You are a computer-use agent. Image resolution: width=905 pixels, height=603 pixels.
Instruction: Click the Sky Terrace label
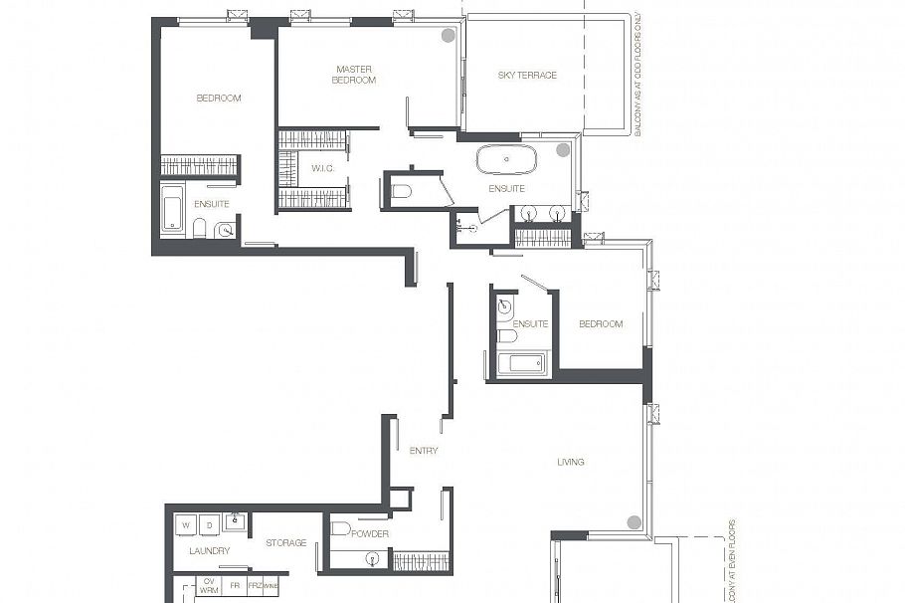click(527, 76)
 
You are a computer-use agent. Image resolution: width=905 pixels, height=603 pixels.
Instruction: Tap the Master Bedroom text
click(354, 75)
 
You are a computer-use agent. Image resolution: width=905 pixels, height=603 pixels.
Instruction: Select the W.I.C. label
click(322, 168)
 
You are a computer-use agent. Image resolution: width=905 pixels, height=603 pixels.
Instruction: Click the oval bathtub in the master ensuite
click(506, 160)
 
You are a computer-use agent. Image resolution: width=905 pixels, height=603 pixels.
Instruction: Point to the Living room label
click(571, 462)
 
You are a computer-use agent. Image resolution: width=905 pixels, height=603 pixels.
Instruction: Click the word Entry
click(424, 451)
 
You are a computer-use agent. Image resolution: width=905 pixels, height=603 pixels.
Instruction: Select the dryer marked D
click(210, 525)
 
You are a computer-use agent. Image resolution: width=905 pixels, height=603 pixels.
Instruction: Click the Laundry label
click(209, 550)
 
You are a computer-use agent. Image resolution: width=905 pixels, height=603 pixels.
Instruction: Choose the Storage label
click(285, 543)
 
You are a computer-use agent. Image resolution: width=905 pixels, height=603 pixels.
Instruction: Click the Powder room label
click(369, 534)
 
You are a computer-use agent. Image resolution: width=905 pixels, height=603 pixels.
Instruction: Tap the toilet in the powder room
click(339, 529)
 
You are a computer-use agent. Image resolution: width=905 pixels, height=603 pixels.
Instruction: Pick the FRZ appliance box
click(255, 586)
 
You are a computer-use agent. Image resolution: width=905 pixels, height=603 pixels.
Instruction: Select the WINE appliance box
click(271, 586)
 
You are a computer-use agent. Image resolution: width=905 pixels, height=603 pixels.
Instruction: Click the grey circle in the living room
click(633, 522)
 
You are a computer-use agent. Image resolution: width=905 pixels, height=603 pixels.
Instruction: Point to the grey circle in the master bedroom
click(449, 35)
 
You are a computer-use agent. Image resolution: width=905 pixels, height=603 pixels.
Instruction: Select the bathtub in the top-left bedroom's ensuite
click(172, 209)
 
